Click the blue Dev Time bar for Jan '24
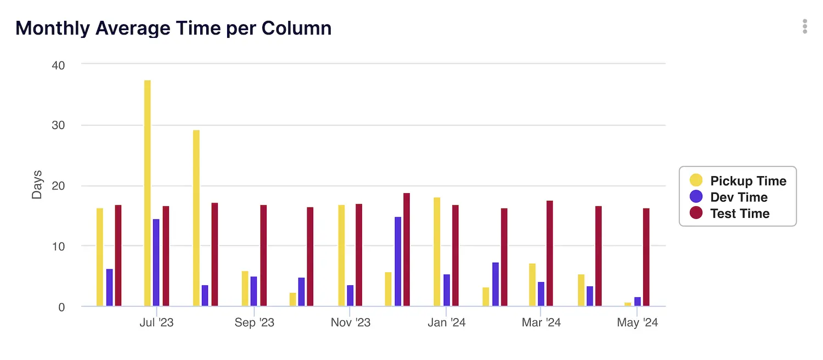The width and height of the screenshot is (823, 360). (x=447, y=290)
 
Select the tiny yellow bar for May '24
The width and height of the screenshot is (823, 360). (x=628, y=305)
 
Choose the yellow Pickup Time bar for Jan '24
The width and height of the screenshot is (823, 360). (x=437, y=252)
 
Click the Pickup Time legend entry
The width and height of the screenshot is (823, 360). (x=748, y=181)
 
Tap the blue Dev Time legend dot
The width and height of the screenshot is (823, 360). (x=696, y=196)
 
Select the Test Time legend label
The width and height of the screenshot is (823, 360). (x=740, y=213)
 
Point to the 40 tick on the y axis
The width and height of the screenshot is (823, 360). (x=58, y=65)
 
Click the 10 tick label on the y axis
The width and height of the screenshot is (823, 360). (x=58, y=246)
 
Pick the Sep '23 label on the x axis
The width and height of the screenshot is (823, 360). (x=254, y=323)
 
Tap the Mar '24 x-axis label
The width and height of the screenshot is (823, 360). (x=541, y=323)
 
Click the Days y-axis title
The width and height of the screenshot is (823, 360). (x=37, y=185)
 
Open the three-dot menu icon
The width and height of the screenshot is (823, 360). (x=804, y=26)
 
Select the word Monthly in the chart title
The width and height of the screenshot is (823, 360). (x=53, y=28)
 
